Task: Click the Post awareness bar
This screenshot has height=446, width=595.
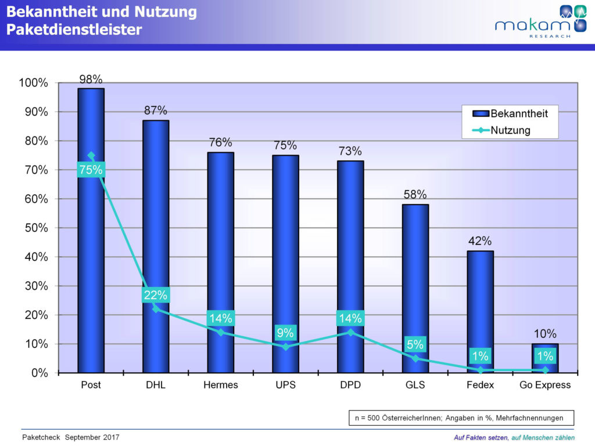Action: click(91, 261)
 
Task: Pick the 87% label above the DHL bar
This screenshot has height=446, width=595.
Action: click(156, 110)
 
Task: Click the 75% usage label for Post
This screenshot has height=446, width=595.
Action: click(91, 170)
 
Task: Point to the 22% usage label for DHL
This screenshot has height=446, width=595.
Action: click(156, 295)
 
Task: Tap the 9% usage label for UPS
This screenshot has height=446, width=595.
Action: click(285, 333)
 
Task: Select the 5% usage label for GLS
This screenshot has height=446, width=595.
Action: click(415, 344)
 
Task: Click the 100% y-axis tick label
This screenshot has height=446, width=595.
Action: click(34, 83)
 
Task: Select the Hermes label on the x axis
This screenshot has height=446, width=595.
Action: click(221, 385)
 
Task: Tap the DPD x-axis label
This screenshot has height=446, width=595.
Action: click(350, 385)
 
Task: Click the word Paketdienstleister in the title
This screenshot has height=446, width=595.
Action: click(74, 30)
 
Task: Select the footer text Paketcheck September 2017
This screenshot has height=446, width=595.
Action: click(70, 437)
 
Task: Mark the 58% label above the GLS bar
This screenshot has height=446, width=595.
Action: click(415, 195)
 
